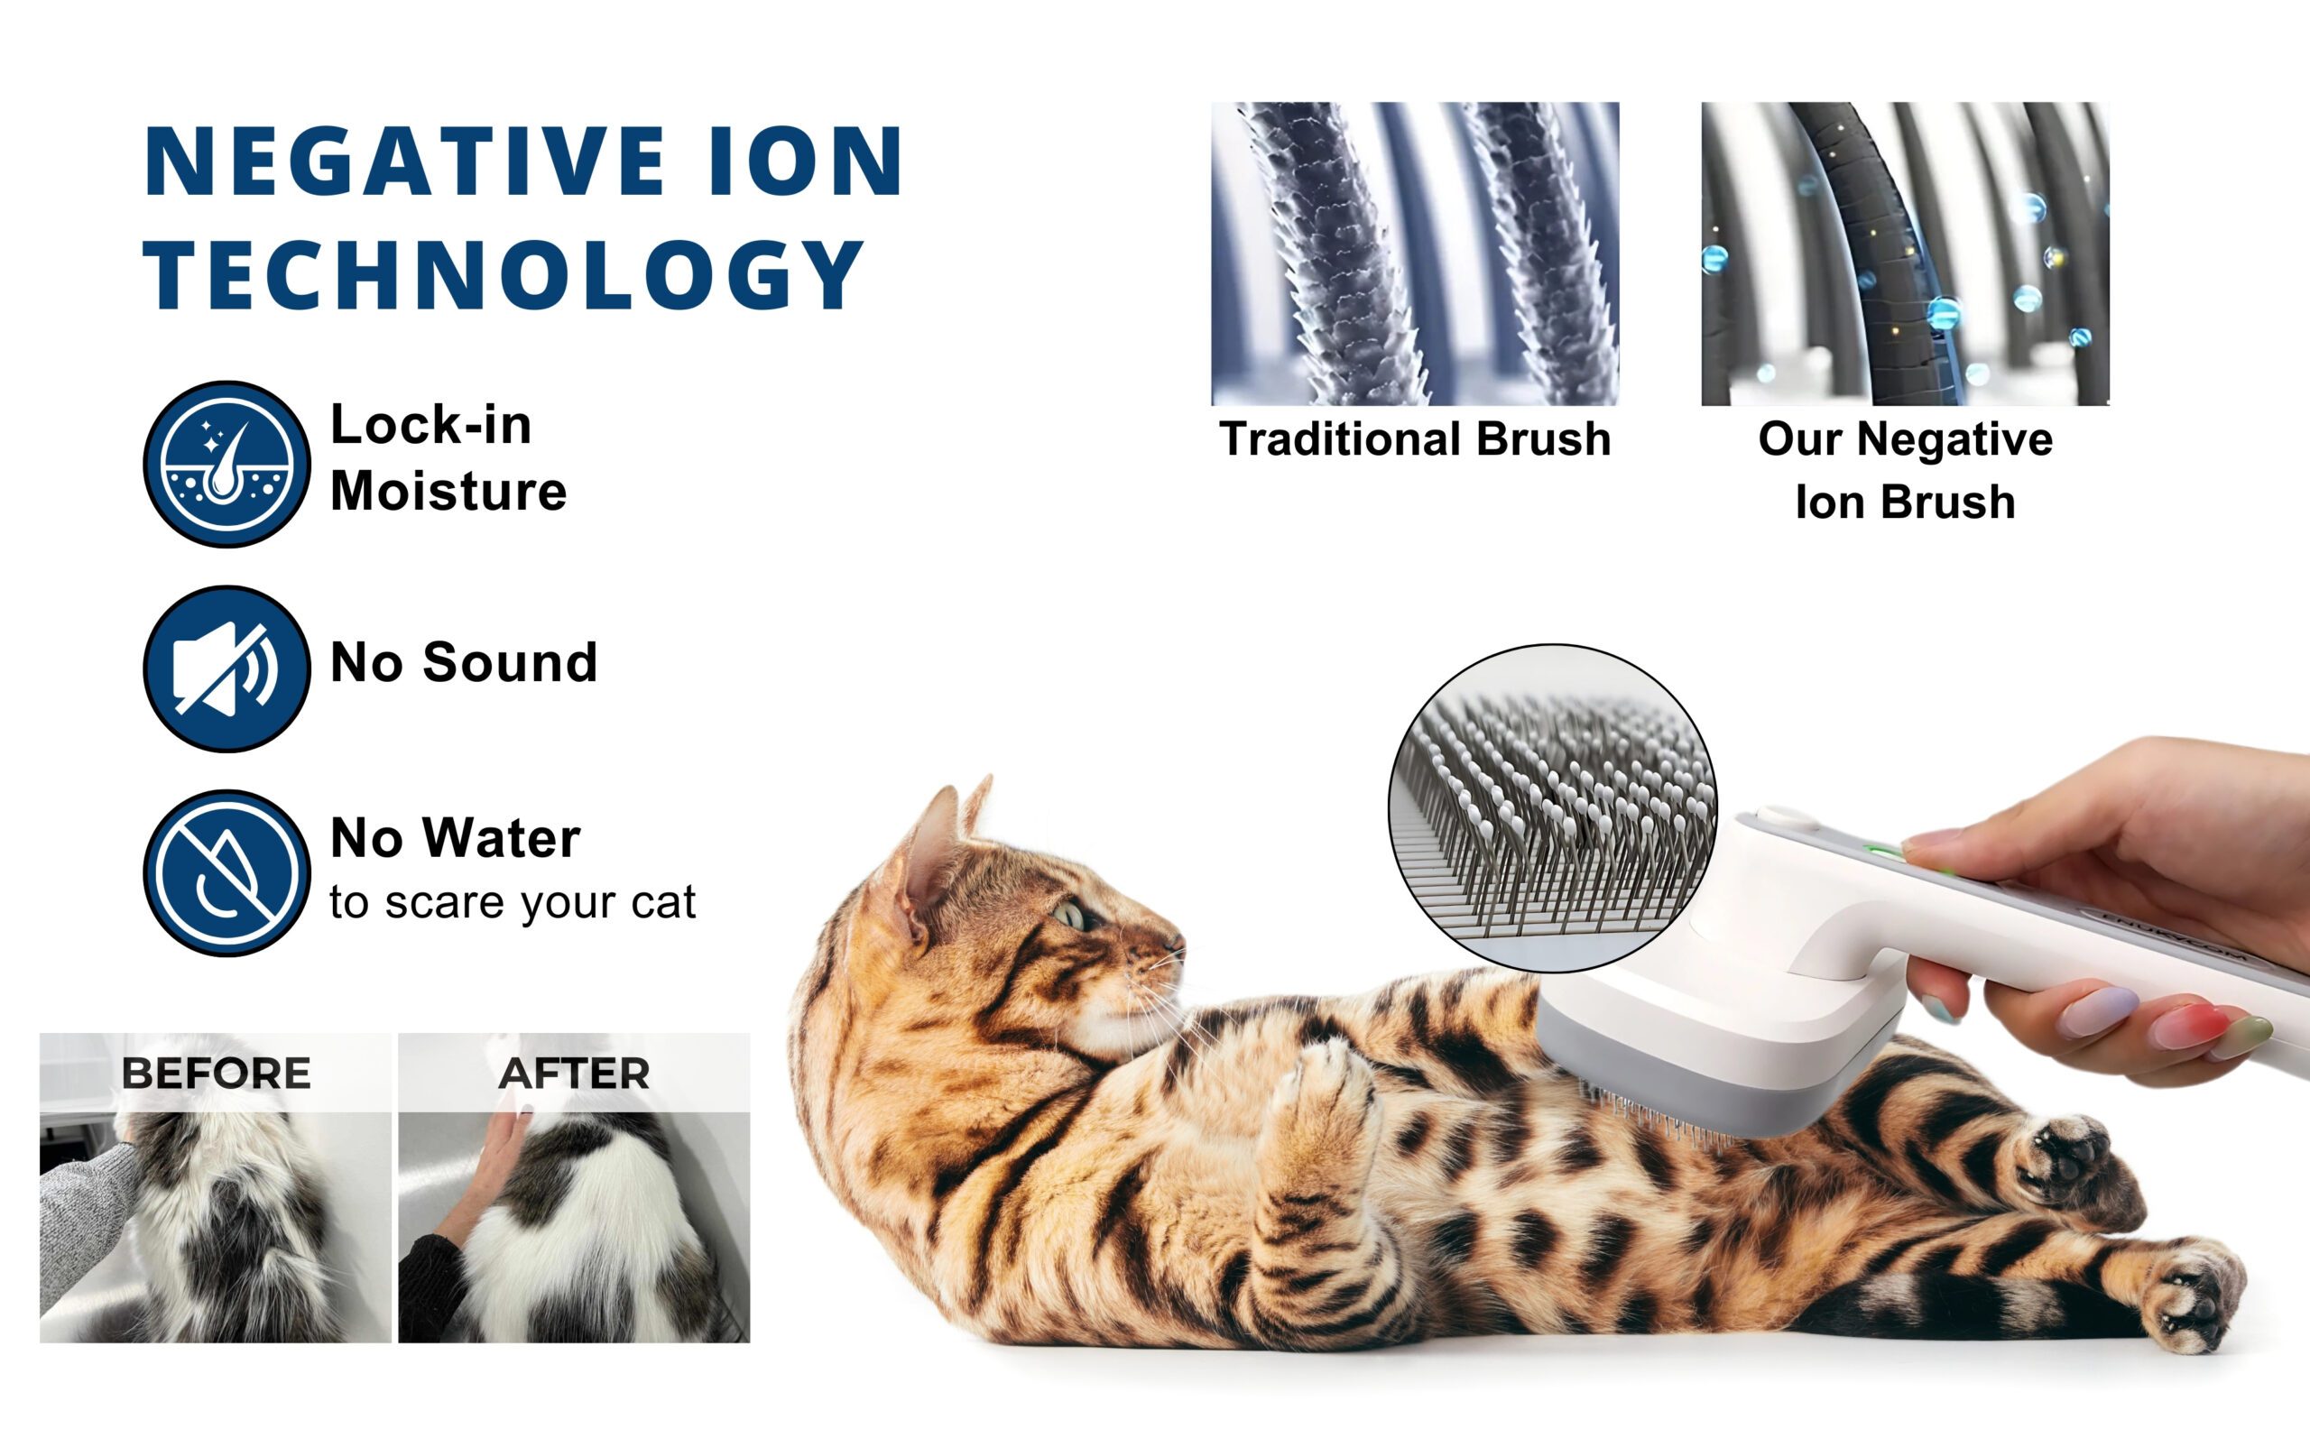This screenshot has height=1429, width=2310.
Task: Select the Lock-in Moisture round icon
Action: click(x=226, y=464)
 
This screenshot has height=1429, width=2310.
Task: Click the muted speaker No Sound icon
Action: click(x=226, y=668)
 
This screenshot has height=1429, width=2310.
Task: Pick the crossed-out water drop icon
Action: click(x=226, y=873)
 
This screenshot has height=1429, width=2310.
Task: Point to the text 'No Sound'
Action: click(x=463, y=661)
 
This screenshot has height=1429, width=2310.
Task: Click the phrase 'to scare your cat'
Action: click(x=513, y=902)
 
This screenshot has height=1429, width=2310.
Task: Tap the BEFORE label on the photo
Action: click(x=216, y=1073)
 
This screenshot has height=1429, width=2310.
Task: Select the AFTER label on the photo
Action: click(x=574, y=1073)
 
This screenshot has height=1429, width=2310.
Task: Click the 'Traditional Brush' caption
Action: click(x=1415, y=438)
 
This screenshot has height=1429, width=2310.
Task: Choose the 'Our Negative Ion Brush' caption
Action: click(x=1906, y=470)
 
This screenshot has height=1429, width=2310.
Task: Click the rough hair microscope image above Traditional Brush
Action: click(x=1415, y=254)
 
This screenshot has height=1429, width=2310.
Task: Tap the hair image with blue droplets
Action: click(x=1906, y=254)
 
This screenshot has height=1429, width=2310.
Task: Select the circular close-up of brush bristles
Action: click(x=1553, y=809)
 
